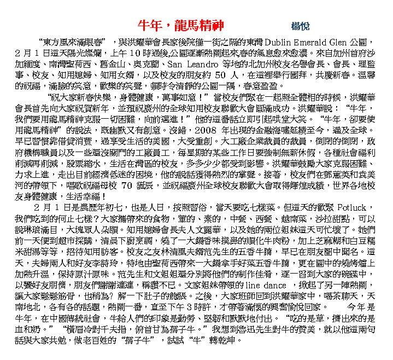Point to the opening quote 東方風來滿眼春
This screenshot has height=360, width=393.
pyautogui.click(x=73, y=42)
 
